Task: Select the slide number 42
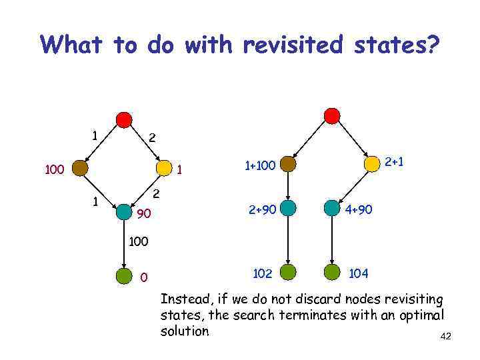point(446,337)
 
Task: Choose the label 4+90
point(359,209)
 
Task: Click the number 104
point(359,273)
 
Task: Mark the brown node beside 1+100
point(288,164)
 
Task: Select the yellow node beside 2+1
point(371,163)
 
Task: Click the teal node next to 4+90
point(331,208)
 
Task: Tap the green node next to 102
point(288,272)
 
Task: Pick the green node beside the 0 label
point(124,275)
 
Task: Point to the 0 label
point(144,277)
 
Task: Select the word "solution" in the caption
point(185,331)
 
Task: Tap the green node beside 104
point(331,272)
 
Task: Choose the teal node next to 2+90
point(288,208)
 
